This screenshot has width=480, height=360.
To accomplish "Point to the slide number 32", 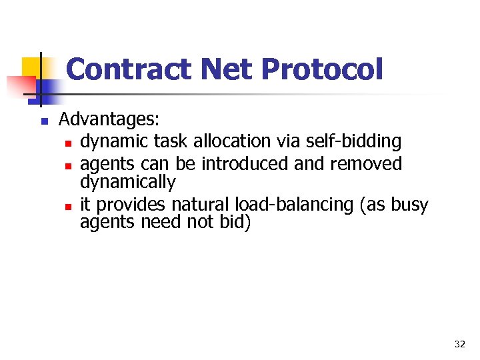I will click(x=459, y=344).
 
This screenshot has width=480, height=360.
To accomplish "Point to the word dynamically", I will click(x=127, y=182).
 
